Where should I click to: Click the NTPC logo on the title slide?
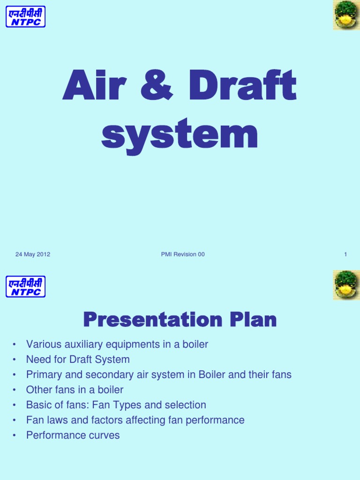[25, 16]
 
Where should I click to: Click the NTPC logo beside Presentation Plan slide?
[25, 286]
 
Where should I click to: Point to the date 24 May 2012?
[33, 255]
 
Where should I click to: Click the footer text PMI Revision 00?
[182, 255]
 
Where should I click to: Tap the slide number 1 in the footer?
[345, 255]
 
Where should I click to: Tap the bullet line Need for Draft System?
[78, 360]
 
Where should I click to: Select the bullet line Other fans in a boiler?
[75, 390]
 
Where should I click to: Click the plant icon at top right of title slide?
[346, 15]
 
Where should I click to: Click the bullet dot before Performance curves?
[15, 435]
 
